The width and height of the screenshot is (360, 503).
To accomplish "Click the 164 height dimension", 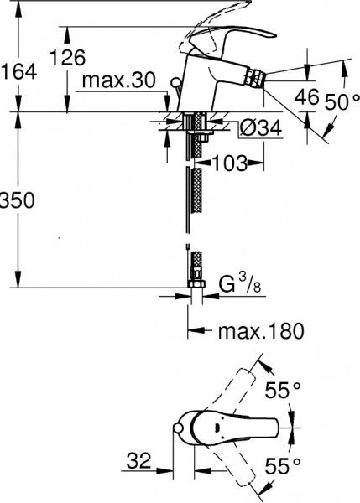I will (19, 72).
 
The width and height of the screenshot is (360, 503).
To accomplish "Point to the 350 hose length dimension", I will (16, 202).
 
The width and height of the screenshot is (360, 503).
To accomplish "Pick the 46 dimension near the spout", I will (307, 97).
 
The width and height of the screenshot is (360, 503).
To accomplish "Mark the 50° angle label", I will (340, 101).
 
